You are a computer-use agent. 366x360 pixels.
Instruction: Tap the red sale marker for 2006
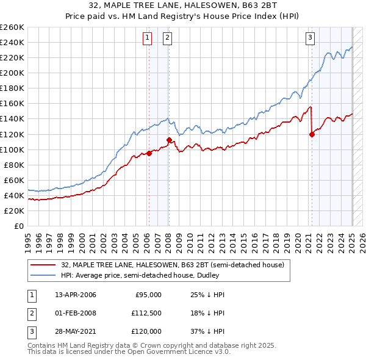pos(149,153)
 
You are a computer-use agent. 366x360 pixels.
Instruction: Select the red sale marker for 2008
pos(169,140)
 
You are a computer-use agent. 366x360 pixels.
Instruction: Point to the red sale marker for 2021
pos(312,134)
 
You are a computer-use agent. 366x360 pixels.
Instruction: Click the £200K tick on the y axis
pos(12,73)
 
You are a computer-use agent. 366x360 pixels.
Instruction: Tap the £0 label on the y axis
pos(19,226)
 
